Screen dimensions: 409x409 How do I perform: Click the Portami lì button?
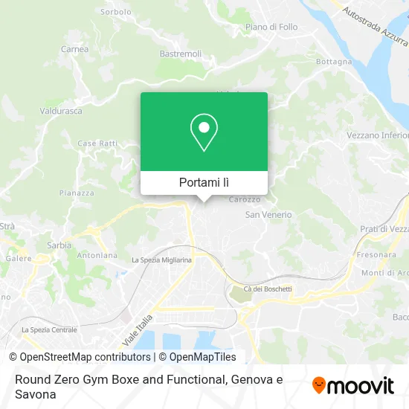click(x=204, y=182)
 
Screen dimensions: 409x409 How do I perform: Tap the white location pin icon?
click(x=204, y=132)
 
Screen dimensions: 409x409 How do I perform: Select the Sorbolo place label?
click(x=115, y=13)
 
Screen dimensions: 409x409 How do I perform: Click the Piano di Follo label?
click(x=271, y=27)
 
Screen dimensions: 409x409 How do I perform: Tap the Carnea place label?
click(x=75, y=49)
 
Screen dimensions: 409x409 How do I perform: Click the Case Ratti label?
click(x=97, y=143)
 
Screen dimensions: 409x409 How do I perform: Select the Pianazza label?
click(x=77, y=193)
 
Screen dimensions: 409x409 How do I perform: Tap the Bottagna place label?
click(x=333, y=62)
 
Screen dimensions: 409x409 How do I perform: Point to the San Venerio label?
click(x=268, y=214)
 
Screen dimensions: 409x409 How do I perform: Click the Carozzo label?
click(x=245, y=199)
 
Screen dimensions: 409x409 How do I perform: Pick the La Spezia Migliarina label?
click(x=161, y=260)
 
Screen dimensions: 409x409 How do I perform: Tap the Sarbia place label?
click(x=59, y=244)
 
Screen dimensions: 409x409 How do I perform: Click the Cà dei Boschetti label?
click(x=268, y=289)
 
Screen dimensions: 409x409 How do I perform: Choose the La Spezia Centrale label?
click(x=49, y=329)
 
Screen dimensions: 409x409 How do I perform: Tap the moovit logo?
click(x=352, y=385)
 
